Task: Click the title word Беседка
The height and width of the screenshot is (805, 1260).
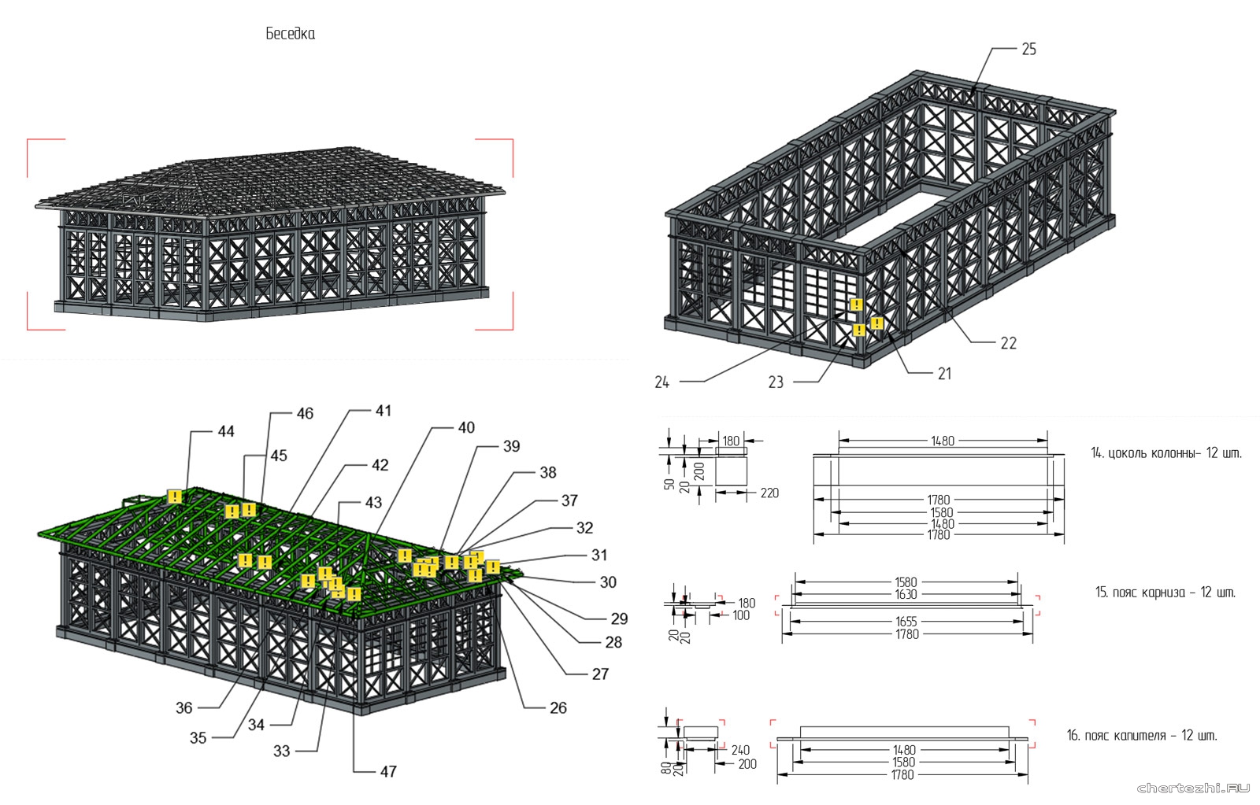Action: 290,34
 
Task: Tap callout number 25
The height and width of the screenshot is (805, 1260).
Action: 1028,49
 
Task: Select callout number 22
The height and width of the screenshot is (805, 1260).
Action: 1008,343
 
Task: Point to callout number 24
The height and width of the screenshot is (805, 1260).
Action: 661,382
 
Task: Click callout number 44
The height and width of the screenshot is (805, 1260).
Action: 226,431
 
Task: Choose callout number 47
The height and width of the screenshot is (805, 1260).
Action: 388,771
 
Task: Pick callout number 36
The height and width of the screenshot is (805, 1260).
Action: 183,707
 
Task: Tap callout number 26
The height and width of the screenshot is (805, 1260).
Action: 558,707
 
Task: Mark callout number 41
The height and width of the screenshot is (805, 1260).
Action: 383,411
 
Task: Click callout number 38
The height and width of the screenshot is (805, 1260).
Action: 548,472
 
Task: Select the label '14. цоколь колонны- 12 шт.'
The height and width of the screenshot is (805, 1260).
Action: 1165,453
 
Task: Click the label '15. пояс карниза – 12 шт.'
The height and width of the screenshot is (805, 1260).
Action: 1165,593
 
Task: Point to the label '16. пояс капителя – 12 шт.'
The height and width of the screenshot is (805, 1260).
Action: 1142,736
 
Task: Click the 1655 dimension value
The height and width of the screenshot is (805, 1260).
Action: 906,622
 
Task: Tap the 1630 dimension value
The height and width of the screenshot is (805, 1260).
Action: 906,594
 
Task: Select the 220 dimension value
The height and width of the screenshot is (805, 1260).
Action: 769,493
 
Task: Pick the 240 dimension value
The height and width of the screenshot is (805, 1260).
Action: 740,750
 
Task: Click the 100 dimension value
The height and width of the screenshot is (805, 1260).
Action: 741,615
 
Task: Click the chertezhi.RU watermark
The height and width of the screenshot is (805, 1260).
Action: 1193,787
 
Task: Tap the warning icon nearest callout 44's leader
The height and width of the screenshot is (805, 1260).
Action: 174,497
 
